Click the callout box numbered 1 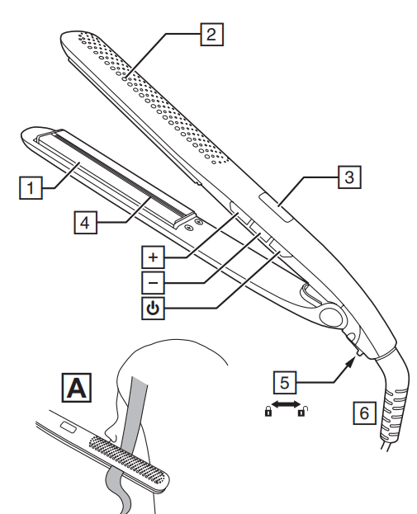(x=31, y=188)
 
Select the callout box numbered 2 (x=212, y=34)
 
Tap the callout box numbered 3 (x=349, y=177)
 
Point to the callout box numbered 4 (x=85, y=223)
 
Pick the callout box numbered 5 (x=285, y=382)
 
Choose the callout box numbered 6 (x=364, y=413)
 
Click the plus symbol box (x=153, y=257)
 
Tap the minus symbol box (x=153, y=282)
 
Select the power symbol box (x=153, y=308)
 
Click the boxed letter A (x=77, y=388)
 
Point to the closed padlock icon (x=268, y=411)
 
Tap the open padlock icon (x=303, y=411)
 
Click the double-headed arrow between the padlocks (x=286, y=404)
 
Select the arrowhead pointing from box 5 (x=350, y=362)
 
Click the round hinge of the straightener (x=331, y=316)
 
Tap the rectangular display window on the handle (x=276, y=208)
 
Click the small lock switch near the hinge (x=358, y=353)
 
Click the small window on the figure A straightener (x=69, y=427)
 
